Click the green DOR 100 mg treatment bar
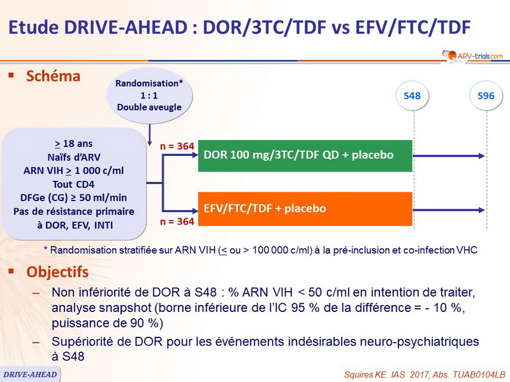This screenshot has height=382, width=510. click(305, 155)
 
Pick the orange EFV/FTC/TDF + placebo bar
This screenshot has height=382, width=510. click(305, 208)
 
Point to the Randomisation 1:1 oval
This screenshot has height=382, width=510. click(149, 95)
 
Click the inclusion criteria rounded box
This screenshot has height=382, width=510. click(75, 183)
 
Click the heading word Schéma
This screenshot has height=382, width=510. click(54, 76)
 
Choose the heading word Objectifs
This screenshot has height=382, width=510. click(57, 272)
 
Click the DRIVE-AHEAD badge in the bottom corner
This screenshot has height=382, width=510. click(30, 374)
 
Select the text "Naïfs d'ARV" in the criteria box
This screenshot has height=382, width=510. click(75, 157)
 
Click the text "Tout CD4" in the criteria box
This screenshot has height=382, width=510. click(75, 184)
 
